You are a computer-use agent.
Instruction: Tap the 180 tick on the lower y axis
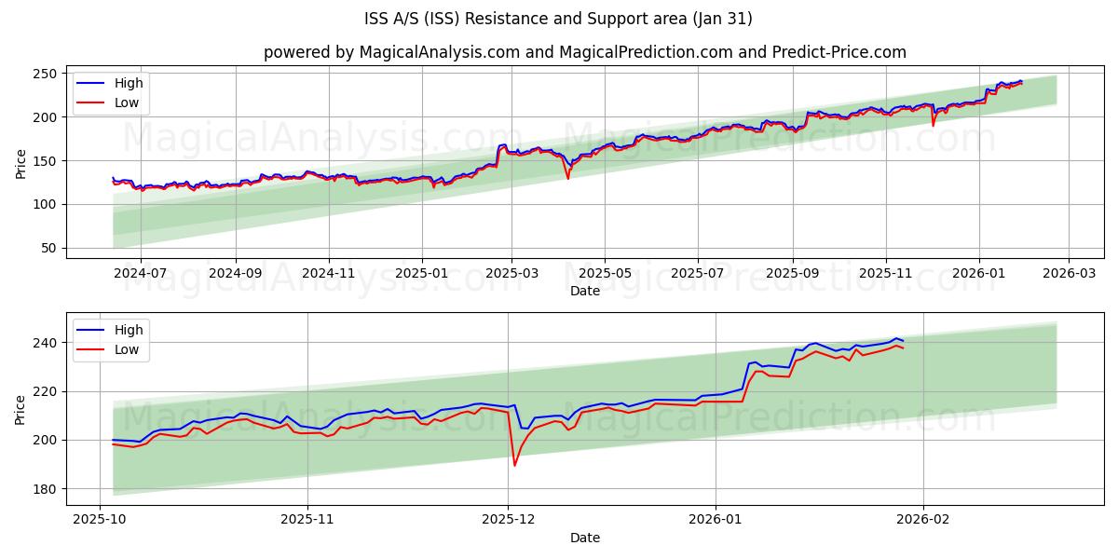point(45,488)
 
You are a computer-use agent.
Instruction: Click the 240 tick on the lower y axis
point(45,343)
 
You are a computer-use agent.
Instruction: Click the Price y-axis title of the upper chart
point(20,164)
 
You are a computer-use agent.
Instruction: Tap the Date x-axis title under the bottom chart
point(584,538)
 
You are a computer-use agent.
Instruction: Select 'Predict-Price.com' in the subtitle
point(838,52)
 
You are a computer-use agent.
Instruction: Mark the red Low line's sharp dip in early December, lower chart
point(514,465)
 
